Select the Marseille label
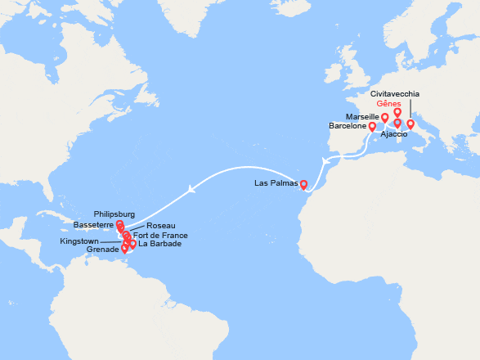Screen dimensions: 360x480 click(x=362, y=117)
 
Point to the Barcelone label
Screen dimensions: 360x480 click(x=348, y=127)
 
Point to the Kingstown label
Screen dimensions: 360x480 click(x=79, y=242)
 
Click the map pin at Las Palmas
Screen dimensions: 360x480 click(x=303, y=184)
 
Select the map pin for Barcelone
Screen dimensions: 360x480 click(x=372, y=127)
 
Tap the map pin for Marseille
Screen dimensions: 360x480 click(x=385, y=119)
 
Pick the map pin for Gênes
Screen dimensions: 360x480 click(x=397, y=112)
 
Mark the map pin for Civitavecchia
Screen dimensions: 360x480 click(x=410, y=124)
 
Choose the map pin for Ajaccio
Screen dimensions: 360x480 click(x=397, y=124)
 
